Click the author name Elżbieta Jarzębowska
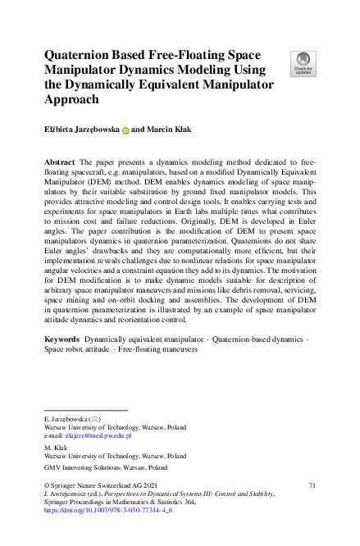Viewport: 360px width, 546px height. [x=81, y=130]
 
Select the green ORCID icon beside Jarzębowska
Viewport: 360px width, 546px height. [x=126, y=130]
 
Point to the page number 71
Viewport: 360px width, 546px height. [x=311, y=486]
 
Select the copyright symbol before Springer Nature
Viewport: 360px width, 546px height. [x=48, y=486]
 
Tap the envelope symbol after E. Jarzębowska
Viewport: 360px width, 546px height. [x=94, y=418]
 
